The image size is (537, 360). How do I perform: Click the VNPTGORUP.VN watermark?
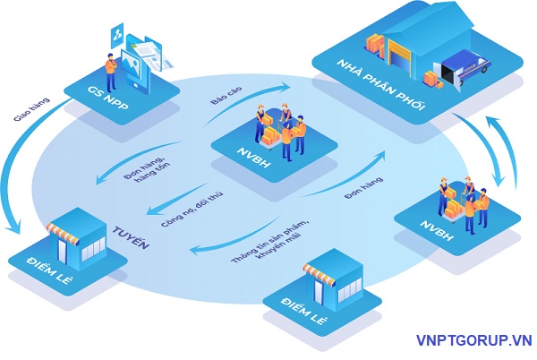pyautogui.click(x=473, y=341)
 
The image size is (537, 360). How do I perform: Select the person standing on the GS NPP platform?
pyautogui.click(x=110, y=67)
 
